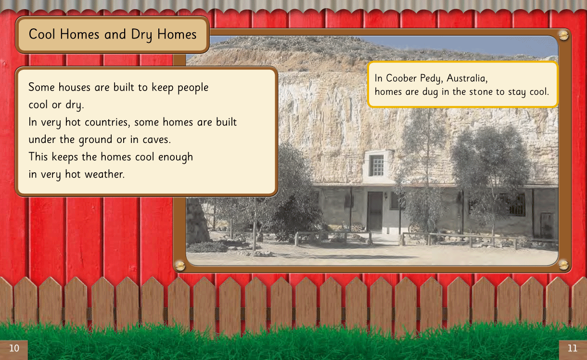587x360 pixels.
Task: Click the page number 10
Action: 14,348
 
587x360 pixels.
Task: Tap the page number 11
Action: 573,348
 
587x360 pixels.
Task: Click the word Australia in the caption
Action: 467,78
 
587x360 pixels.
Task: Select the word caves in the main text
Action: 157,140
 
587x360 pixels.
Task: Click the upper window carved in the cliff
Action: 376,165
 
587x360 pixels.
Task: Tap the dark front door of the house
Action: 375,211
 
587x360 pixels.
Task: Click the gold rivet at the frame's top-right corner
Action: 563,36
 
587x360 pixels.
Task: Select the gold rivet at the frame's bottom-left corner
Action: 180,266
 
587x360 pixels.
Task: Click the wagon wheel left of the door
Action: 356,228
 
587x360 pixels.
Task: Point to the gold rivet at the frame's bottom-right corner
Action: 563,265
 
